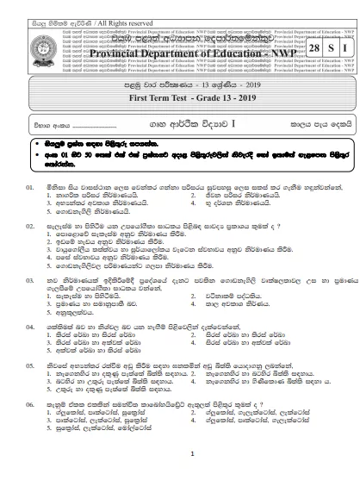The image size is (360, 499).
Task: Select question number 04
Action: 29,328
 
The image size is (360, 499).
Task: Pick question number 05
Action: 29,365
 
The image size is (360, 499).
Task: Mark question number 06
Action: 29,402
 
